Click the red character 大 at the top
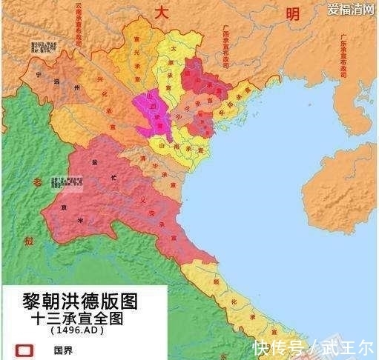[162, 12]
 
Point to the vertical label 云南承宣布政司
[79, 27]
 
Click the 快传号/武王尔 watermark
[312, 346]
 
